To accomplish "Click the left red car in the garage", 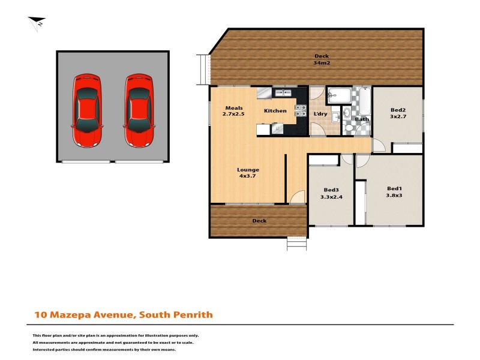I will coord(87,111).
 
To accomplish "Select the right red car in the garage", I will coord(139,111).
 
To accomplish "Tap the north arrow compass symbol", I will coord(37,23).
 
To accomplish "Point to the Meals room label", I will coord(225,108).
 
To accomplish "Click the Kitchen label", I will coord(275,111).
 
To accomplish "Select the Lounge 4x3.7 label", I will coord(248,173).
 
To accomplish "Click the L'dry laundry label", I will coord(320,114).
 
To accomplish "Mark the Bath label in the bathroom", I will coord(361,119).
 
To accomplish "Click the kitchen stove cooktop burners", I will coord(300,110).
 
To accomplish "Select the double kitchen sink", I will coord(281,92).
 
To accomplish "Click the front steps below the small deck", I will coord(296,244).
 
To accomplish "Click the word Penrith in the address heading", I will coord(193,314).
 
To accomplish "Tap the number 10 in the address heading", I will coord(39,314).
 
